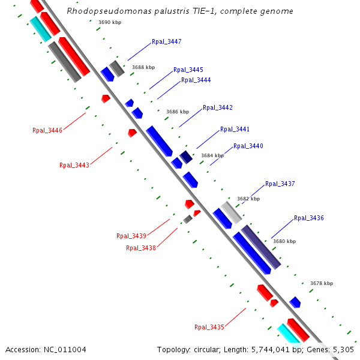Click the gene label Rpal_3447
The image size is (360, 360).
(x=166, y=42)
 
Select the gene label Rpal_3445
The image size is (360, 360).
(x=188, y=70)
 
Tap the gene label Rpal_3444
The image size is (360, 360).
(x=196, y=80)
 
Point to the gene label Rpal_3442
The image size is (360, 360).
(x=217, y=108)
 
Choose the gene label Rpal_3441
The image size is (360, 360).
(x=235, y=130)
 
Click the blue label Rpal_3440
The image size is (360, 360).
(x=248, y=146)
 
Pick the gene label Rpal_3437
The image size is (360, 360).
(x=280, y=184)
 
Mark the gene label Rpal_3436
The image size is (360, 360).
(x=308, y=218)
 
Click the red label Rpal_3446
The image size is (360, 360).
(x=47, y=131)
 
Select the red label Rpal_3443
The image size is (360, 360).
(x=74, y=165)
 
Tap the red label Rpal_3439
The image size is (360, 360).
(x=131, y=236)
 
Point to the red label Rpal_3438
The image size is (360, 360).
(x=141, y=248)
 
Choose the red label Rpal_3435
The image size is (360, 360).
(x=209, y=327)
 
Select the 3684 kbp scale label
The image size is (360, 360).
(x=212, y=155)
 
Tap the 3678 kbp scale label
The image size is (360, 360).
(x=321, y=283)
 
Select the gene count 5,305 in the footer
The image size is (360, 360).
(x=343, y=349)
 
